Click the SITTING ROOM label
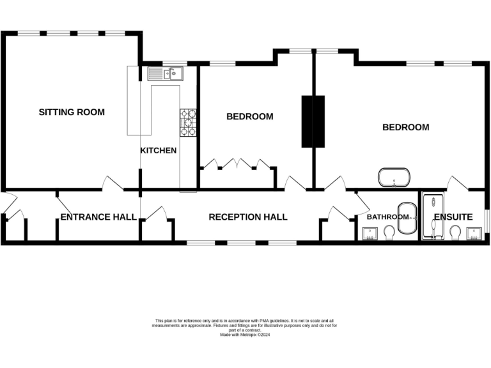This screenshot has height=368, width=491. [72, 112]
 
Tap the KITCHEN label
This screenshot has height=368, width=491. [159, 151]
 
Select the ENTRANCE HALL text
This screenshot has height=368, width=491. [98, 217]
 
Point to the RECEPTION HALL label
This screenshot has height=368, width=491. [248, 217]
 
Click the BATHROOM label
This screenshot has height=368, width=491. [387, 217]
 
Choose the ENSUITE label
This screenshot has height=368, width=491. [453, 217]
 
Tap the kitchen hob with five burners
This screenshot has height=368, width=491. [188, 123]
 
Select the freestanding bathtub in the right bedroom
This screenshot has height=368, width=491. [394, 178]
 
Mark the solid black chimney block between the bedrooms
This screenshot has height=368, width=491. [313, 121]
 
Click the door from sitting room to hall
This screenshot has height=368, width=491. [113, 183]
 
